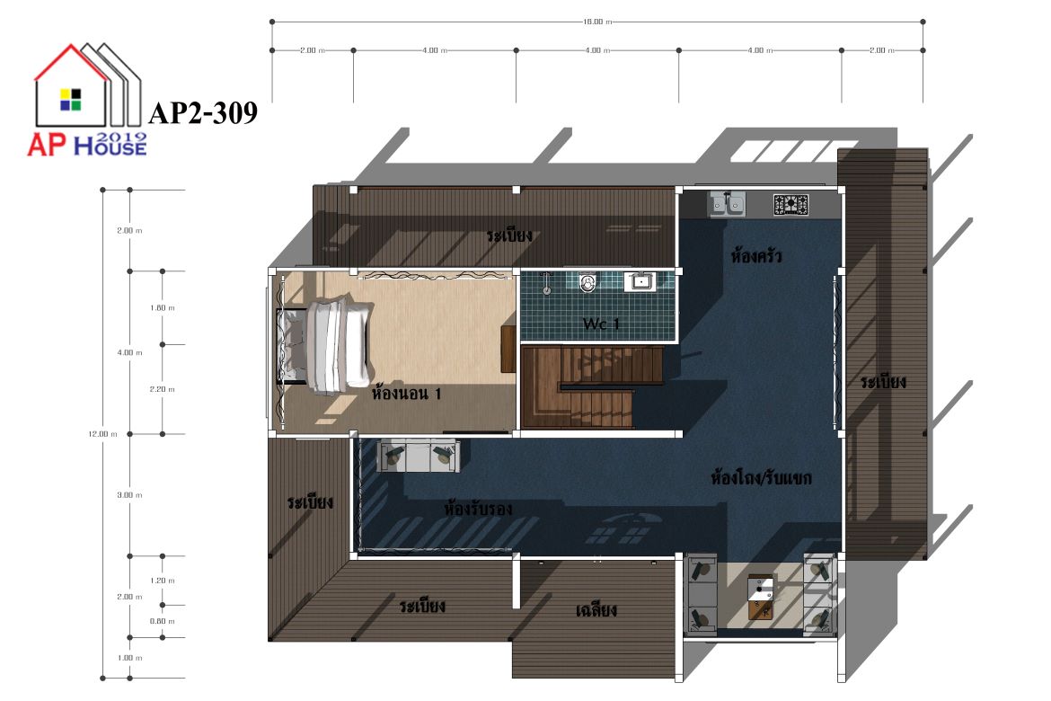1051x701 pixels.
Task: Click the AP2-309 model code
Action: pyautogui.click(x=203, y=112)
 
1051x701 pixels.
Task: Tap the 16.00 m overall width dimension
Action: pyautogui.click(x=597, y=22)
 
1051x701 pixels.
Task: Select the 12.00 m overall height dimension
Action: pyautogui.click(x=102, y=434)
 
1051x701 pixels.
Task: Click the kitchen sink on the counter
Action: pyautogui.click(x=728, y=204)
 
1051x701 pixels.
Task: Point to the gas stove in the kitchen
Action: pyautogui.click(x=790, y=205)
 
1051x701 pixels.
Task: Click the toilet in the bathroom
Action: pyautogui.click(x=587, y=283)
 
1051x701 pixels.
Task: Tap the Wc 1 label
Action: pyautogui.click(x=601, y=324)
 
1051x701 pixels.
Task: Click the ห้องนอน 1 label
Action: pyautogui.click(x=407, y=393)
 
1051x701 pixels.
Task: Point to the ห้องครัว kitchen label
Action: pyautogui.click(x=756, y=255)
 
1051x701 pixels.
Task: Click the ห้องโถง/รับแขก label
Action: pyautogui.click(x=762, y=478)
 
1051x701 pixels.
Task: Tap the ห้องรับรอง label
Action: pyautogui.click(x=479, y=509)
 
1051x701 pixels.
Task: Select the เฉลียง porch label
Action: pyautogui.click(x=596, y=609)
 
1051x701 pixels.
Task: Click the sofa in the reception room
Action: pyautogui.click(x=419, y=456)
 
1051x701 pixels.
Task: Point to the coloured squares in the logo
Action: pyautogui.click(x=70, y=99)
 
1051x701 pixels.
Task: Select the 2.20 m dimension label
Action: pyautogui.click(x=163, y=389)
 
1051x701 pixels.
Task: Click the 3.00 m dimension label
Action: pyautogui.click(x=129, y=495)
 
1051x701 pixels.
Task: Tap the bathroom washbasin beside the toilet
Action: pyautogui.click(x=641, y=281)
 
